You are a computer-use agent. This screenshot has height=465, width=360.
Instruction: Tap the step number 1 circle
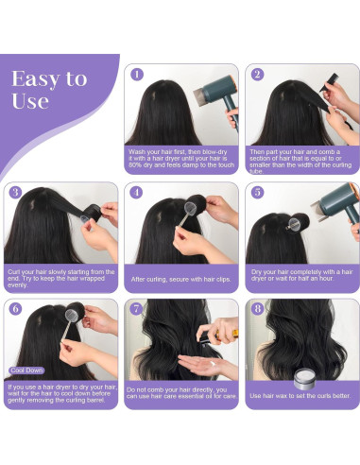click(136, 73)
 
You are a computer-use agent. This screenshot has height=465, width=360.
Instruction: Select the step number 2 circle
click(257, 73)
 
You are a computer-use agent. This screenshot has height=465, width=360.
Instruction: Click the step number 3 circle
click(15, 192)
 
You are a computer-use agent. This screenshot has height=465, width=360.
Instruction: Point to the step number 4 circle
click(136, 192)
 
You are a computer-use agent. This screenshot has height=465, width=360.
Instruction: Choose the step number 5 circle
click(257, 192)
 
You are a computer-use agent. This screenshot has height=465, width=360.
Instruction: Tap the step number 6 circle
click(15, 308)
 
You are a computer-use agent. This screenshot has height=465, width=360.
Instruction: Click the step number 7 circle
click(136, 308)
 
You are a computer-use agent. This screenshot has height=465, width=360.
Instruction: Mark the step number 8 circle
click(257, 308)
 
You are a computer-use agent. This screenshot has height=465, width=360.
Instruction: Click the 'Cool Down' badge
click(27, 371)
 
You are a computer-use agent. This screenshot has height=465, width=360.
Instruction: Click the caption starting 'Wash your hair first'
click(181, 157)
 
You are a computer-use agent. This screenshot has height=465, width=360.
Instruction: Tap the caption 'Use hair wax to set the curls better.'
click(301, 395)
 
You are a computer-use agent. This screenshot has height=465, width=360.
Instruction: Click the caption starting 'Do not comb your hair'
click(181, 392)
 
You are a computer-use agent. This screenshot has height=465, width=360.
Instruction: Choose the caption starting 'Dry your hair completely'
click(301, 276)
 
